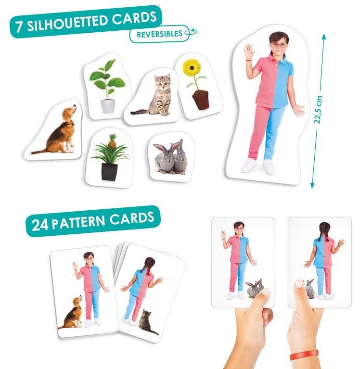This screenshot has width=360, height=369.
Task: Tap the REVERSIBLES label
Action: pyautogui.click(x=159, y=34)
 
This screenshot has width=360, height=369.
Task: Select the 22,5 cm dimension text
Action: pyautogui.click(x=318, y=110)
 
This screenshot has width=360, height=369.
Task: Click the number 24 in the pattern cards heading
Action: pyautogui.click(x=40, y=225)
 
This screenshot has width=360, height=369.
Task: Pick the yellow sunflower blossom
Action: pyautogui.click(x=192, y=67)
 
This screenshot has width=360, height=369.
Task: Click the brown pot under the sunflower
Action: pyautogui.click(x=201, y=100)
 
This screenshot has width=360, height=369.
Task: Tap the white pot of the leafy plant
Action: pyautogui.click(x=108, y=106)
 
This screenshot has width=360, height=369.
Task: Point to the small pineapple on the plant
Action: pyautogui.click(x=112, y=142)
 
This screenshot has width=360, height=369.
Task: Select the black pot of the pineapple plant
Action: pyautogui.click(x=109, y=172)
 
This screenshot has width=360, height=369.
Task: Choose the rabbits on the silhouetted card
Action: pyautogui.click(x=169, y=157)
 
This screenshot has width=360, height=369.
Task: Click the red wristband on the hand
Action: pyautogui.click(x=304, y=355)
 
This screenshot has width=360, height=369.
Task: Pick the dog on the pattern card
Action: pyautogui.click(x=71, y=312)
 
